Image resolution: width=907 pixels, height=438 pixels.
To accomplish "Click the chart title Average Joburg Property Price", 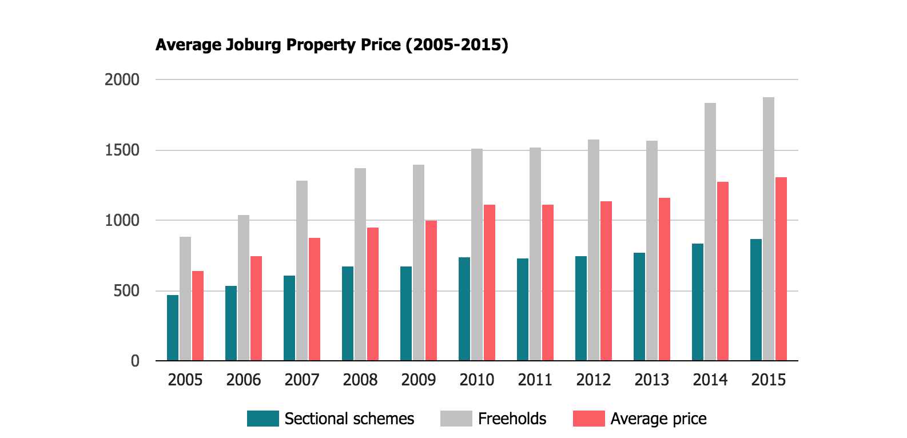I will coord(332,45).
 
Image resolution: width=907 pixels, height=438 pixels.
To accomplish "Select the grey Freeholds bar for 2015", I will coord(769,229).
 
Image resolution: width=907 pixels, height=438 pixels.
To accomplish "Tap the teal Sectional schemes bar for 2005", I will coord(173,328).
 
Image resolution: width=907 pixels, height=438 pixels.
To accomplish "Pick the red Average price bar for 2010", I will coord(490,282).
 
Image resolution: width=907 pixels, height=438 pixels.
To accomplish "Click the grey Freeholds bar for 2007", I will coord(302,270).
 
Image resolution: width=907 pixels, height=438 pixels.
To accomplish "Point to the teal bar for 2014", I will coord(698,302).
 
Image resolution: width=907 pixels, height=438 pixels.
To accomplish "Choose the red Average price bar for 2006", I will coord(256,308).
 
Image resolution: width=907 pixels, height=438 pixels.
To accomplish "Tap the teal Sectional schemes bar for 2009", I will coord(406,313).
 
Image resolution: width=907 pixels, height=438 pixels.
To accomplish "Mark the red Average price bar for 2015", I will coord(781,269).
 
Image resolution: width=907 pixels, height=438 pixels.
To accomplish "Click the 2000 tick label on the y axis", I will coord(122,80).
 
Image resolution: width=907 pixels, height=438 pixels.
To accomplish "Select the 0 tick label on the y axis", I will coord(135,361).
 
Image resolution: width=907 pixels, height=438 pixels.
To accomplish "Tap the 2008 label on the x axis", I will coord(360,380).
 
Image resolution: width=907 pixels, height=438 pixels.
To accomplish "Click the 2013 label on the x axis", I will coord(652,380).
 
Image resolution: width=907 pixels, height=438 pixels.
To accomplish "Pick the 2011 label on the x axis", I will coord(535,380).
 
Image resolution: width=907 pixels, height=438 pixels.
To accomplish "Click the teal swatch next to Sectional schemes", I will coord(262,419).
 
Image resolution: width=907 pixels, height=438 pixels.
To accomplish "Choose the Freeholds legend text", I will coord(512,419).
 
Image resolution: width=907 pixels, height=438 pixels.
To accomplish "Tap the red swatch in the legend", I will coord(588,419).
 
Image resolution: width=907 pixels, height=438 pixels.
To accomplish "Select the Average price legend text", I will coord(658,419).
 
